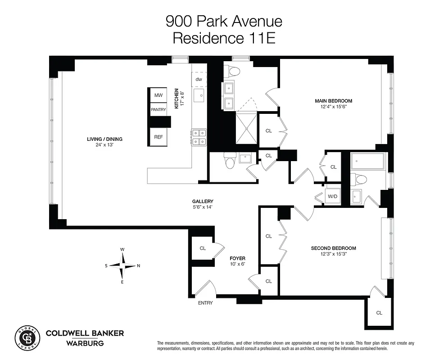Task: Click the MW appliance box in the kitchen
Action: [158, 95]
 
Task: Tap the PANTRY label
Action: [158, 109]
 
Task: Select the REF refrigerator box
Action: [158, 137]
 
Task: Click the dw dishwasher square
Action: [199, 80]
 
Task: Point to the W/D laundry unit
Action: [333, 196]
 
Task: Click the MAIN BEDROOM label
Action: [333, 101]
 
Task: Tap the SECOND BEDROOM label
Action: [333, 248]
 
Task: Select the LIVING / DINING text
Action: [104, 139]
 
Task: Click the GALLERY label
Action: [203, 201]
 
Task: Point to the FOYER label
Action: [237, 258]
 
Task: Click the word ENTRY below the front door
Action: [205, 303]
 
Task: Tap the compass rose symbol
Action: [122, 265]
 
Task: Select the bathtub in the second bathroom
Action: [368, 161]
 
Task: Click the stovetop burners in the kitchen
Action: [199, 137]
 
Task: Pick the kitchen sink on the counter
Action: [199, 95]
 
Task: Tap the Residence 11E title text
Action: [224, 38]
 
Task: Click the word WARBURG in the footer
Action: [85, 343]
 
